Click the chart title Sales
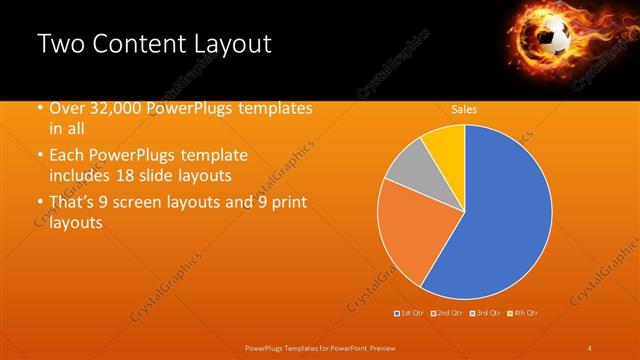point(464,109)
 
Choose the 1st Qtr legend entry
point(410,314)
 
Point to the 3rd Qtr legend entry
point(485,314)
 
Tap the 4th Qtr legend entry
point(523,314)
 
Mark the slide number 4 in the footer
point(590,348)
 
